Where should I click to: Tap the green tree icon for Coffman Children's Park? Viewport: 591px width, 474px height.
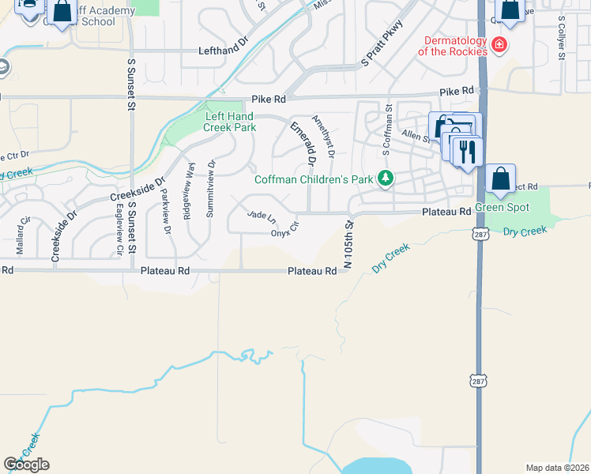coord(386,179)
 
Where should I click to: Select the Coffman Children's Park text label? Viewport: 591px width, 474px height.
coord(313,179)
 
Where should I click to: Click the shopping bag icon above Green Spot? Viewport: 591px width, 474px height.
coord(501,179)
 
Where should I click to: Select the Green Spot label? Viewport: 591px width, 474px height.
coord(502,208)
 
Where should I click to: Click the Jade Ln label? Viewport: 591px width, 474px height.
coord(262,215)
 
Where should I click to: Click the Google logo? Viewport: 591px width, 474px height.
coord(26,465)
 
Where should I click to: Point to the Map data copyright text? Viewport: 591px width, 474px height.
coord(557,468)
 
